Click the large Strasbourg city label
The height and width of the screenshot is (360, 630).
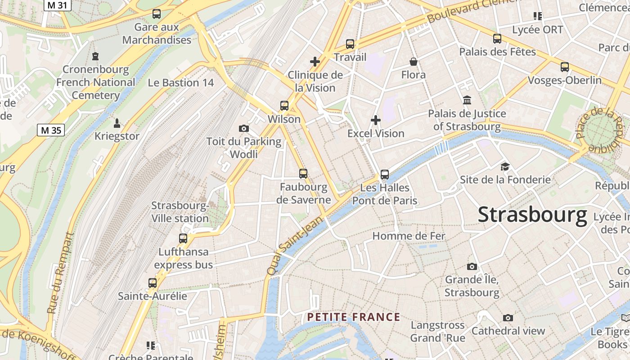tap(532, 215)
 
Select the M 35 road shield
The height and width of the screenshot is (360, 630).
tap(50, 130)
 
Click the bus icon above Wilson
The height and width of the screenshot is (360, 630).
tap(284, 106)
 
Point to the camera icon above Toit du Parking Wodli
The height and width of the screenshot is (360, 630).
tap(244, 129)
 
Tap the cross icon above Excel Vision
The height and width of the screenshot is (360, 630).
tap(376, 120)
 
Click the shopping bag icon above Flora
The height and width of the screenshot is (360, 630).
tap(414, 62)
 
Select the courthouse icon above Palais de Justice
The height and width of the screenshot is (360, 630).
tap(467, 100)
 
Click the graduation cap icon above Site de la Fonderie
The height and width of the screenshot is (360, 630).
tap(505, 167)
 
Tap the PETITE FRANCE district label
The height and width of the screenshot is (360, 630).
tap(354, 317)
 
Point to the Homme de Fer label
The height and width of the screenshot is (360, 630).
tap(409, 236)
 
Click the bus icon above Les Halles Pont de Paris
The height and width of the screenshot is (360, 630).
tap(384, 174)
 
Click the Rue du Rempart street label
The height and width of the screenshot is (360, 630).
tap(60, 273)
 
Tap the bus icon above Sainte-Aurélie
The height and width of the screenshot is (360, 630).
tap(153, 283)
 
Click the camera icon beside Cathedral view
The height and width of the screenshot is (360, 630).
tap(508, 318)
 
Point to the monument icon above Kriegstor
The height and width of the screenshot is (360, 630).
tap(117, 123)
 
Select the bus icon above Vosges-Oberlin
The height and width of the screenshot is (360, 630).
tap(565, 67)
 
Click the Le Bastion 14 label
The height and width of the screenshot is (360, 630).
tap(181, 83)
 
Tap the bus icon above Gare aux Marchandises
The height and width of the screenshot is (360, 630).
tap(157, 14)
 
